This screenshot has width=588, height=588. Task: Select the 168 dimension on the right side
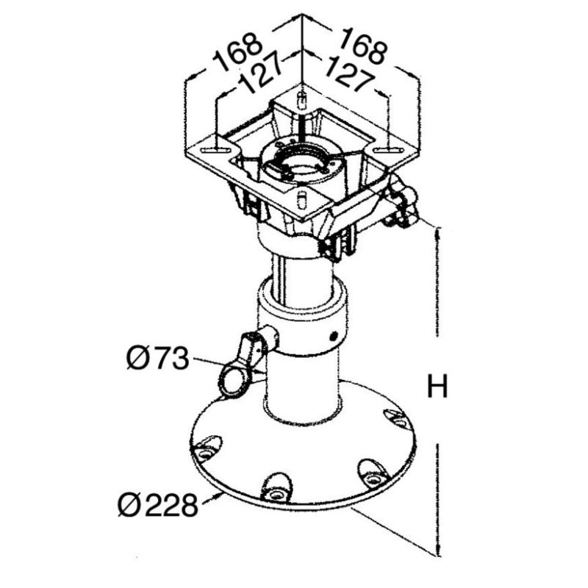(363, 46)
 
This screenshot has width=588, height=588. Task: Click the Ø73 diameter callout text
(157, 359)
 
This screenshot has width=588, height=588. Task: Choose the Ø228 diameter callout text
(157, 505)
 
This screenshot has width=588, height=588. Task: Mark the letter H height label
(437, 387)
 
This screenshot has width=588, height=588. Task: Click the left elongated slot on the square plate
(215, 151)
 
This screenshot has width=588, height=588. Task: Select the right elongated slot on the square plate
(388, 150)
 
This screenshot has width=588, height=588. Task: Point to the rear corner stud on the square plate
(301, 101)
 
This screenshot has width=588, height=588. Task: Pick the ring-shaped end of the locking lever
(233, 381)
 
